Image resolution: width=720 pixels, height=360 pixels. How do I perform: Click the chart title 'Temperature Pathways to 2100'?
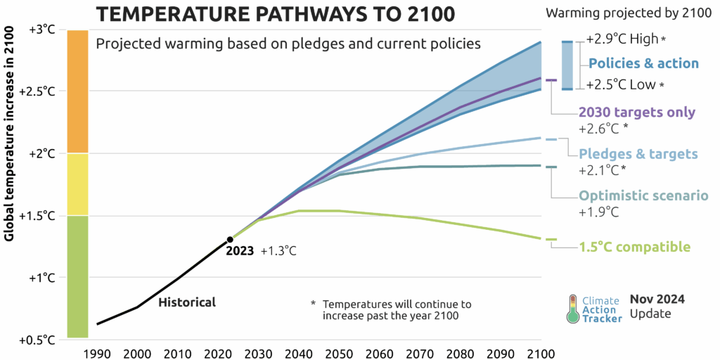pyautogui.click(x=276, y=13)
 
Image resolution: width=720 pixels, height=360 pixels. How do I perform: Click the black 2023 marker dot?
pyautogui.click(x=230, y=240)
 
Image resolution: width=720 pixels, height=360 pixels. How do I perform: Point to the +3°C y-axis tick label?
pyautogui.click(x=41, y=30)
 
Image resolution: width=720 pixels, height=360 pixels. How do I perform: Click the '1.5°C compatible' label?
pyautogui.click(x=634, y=247)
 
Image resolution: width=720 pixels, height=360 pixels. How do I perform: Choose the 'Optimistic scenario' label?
pyautogui.click(x=643, y=196)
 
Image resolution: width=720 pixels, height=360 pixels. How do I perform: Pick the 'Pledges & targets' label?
pyautogui.click(x=638, y=153)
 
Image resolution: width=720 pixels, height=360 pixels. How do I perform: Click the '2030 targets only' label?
pyautogui.click(x=636, y=112)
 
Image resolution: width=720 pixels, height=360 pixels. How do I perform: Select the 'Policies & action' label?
pyautogui.click(x=643, y=63)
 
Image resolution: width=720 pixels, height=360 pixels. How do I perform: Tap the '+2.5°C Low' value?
pyautogui.click(x=621, y=85)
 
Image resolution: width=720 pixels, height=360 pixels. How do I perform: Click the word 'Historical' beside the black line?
pyautogui.click(x=187, y=302)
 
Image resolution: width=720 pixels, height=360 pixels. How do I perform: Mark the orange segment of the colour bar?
pyautogui.click(x=77, y=91)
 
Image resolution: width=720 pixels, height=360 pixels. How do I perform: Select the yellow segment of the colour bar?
pyautogui.click(x=77, y=184)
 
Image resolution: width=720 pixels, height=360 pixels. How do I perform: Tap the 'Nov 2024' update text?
pyautogui.click(x=657, y=299)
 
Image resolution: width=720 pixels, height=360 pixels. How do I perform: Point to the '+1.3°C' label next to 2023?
pyautogui.click(x=278, y=251)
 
